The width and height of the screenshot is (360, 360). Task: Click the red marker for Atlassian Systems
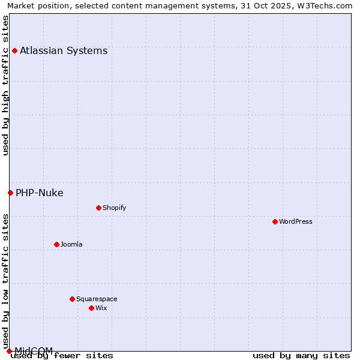point(14,50)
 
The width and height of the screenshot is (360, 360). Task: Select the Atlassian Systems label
point(64,50)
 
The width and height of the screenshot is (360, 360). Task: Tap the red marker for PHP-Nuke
point(10,193)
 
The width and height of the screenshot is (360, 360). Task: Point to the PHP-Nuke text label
point(40,193)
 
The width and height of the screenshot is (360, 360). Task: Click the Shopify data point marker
point(98,208)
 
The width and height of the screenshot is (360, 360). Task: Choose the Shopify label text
point(114,208)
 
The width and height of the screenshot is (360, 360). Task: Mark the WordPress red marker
point(275,221)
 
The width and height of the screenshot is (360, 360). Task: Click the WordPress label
point(296,221)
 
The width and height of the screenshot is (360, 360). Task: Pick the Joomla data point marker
point(56,244)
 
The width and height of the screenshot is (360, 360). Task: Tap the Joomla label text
point(71,244)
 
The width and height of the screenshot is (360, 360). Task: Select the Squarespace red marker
point(72,299)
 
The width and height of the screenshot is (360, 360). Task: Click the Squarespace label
point(97,299)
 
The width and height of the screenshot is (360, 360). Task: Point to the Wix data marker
point(91,308)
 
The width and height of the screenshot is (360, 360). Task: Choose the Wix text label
point(101,308)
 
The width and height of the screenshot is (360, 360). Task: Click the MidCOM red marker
point(9,351)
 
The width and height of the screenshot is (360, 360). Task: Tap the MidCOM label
point(34,350)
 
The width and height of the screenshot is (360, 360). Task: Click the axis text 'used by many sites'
point(301,355)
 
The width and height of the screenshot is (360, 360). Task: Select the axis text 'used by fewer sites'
point(62,355)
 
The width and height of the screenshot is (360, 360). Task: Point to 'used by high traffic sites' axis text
point(6,85)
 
